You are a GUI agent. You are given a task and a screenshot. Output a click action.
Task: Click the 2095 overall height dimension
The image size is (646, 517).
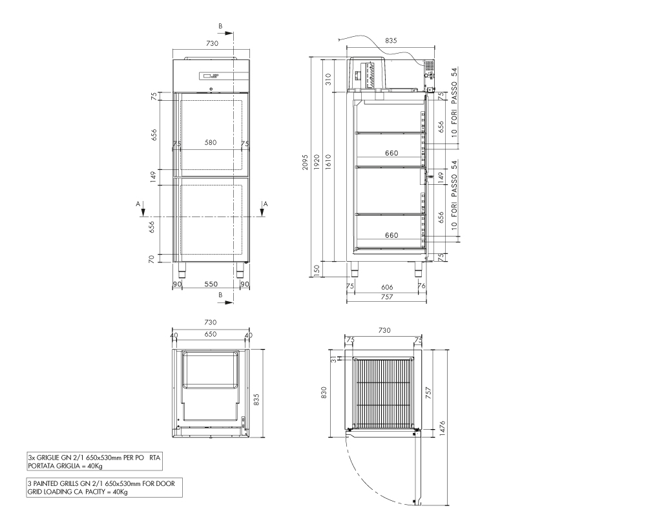point(305,162)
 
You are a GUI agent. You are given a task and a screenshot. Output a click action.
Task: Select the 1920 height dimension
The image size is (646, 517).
point(317,162)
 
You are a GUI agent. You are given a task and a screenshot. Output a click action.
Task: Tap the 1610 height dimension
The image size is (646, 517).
point(328,162)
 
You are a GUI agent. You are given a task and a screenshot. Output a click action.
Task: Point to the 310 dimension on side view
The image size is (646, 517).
point(328,79)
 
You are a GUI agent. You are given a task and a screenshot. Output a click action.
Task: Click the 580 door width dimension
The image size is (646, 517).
point(211,143)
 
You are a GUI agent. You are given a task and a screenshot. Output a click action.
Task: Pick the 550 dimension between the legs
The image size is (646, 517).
point(211,284)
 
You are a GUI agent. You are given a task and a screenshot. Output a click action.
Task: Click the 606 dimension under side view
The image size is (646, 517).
point(387,287)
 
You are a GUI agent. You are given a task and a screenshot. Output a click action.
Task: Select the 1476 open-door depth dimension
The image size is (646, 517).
point(443,429)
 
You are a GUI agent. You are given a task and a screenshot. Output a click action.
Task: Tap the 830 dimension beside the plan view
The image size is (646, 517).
point(324,392)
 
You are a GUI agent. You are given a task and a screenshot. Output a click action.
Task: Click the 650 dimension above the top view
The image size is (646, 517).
point(211,334)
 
